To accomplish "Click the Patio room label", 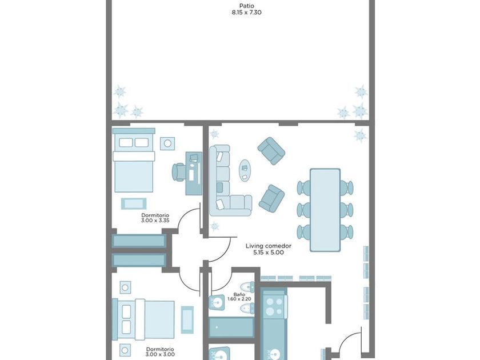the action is click(x=246, y=6).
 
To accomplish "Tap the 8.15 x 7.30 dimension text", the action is click(x=246, y=13).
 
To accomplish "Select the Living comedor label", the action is click(x=269, y=246).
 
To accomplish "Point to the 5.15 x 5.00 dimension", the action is click(x=269, y=253).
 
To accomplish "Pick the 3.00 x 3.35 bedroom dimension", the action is click(x=155, y=220).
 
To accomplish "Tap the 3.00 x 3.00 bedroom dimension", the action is click(x=160, y=354).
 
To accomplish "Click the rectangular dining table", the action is click(x=325, y=210).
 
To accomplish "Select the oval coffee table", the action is click(x=245, y=170).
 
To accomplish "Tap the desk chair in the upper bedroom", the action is click(x=179, y=172).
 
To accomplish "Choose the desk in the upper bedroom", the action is click(x=194, y=173).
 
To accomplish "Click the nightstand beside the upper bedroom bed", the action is click(x=167, y=143).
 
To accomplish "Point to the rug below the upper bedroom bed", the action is click(x=134, y=203).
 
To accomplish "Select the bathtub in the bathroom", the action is click(x=231, y=327).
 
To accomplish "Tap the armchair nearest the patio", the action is click(x=271, y=151).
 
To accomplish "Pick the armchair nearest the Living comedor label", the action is click(x=271, y=199).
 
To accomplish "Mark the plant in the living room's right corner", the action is click(x=360, y=135).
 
